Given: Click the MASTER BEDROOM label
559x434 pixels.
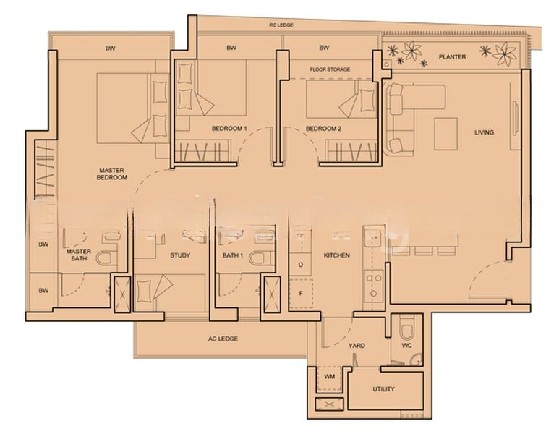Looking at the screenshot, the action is (112, 174).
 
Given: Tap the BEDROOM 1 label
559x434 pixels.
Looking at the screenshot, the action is (229, 128).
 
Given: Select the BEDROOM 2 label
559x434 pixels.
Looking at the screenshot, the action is (323, 128).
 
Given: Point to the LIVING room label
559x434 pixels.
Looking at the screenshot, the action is (484, 132).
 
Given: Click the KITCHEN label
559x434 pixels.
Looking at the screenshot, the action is (336, 255).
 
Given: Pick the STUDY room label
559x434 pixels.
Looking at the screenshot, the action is (180, 255).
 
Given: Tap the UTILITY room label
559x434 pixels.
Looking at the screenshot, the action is (383, 389).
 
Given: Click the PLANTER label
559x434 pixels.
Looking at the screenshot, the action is (452, 56).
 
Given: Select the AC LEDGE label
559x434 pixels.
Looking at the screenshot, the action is (223, 339).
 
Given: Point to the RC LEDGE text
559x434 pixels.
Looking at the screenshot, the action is (281, 25).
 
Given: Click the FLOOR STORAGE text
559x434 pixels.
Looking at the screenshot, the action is (330, 69).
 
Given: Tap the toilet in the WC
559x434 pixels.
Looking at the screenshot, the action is (406, 330).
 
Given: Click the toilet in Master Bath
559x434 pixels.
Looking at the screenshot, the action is (106, 258).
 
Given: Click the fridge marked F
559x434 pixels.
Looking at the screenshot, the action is (302, 294).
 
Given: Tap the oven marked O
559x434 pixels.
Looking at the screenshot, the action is (301, 265).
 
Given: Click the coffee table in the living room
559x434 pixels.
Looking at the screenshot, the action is (445, 134).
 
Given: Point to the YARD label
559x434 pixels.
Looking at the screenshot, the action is (357, 346).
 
